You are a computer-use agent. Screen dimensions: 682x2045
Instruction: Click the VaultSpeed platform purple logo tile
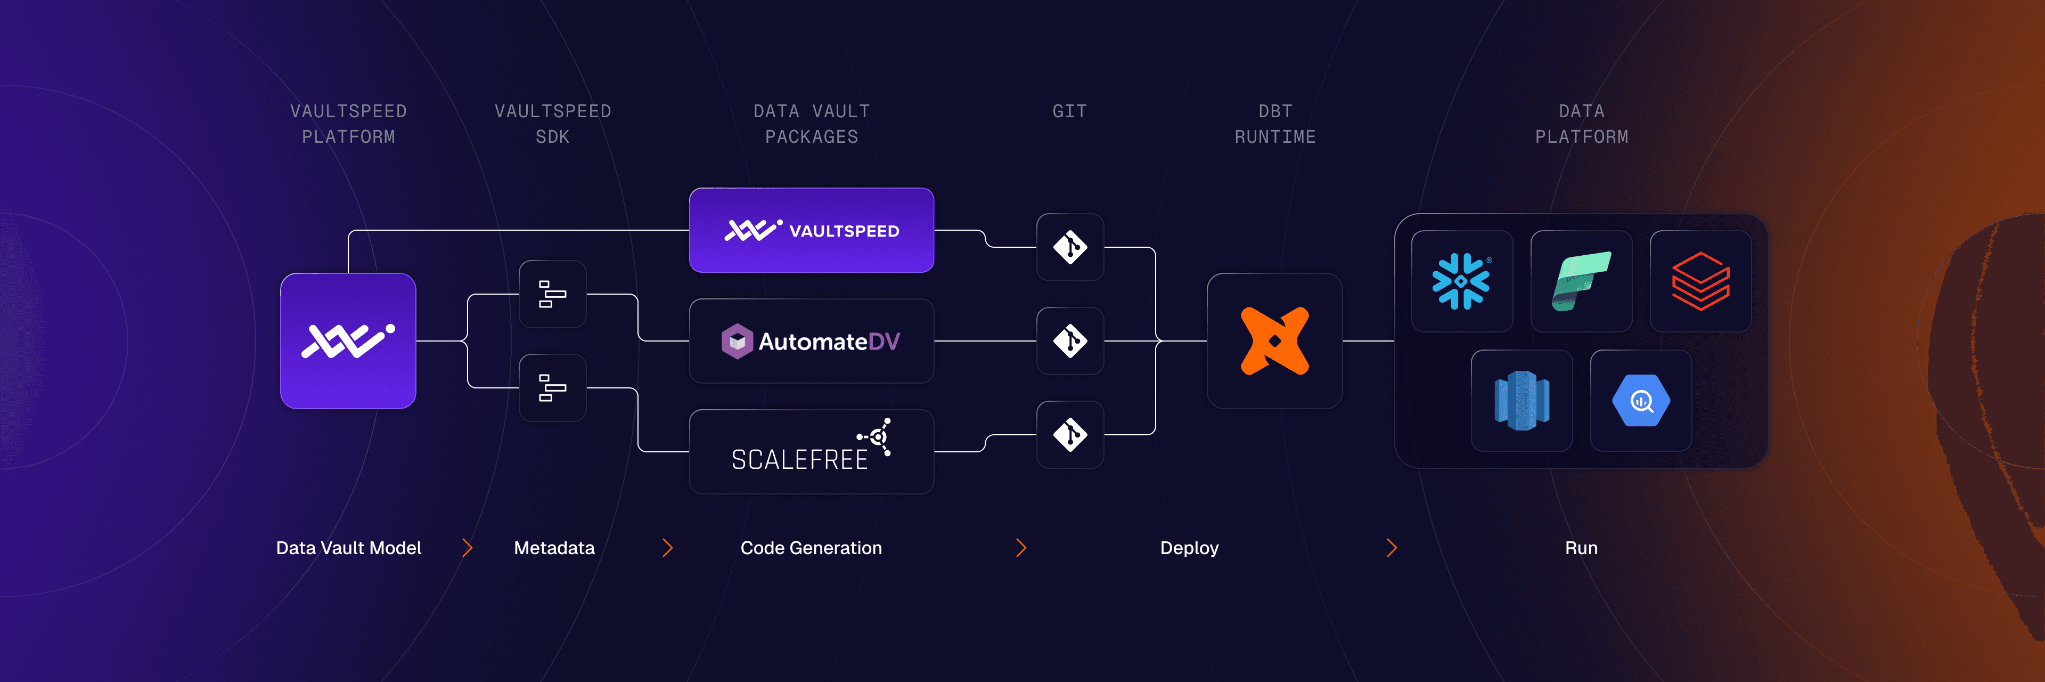tap(348, 340)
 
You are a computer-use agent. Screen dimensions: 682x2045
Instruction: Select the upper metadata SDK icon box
tap(553, 294)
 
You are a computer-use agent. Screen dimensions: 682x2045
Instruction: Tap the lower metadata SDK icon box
tap(553, 387)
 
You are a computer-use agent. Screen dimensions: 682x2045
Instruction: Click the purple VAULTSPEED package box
tap(811, 230)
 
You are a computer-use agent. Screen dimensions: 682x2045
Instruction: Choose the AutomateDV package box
tap(811, 342)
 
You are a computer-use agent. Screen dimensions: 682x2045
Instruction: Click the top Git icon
tap(1070, 247)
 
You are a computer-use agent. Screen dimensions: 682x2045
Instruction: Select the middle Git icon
tap(1070, 340)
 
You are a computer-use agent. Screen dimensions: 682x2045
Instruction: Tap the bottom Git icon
tap(1070, 434)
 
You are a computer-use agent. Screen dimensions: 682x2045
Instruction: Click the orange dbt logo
tap(1274, 340)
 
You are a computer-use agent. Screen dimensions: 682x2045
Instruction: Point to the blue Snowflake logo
tap(1461, 281)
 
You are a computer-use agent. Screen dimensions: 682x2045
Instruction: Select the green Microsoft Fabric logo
tap(1581, 281)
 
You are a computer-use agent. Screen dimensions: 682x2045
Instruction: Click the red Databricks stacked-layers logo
tap(1700, 281)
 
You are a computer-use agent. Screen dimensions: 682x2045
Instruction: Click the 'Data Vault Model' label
tap(348, 548)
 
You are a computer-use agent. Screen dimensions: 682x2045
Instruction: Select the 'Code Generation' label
tap(811, 548)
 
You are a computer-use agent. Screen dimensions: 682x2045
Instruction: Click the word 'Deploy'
tap(1189, 548)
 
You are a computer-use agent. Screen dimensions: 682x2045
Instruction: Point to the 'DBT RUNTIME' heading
tap(1275, 124)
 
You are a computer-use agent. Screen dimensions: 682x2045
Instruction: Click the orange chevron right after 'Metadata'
tap(668, 548)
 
